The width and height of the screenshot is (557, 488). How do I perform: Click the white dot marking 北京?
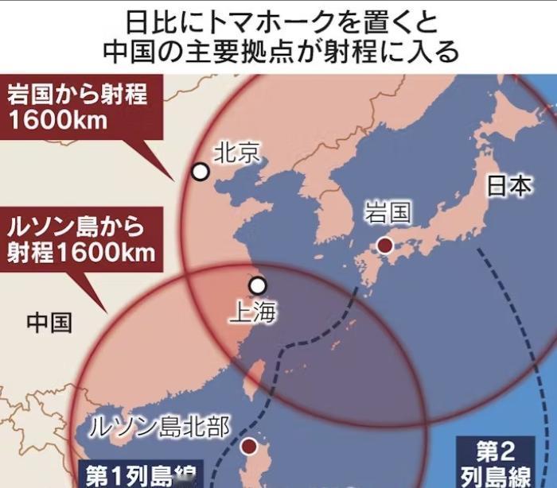point(201,172)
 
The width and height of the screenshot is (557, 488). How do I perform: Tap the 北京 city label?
point(236,152)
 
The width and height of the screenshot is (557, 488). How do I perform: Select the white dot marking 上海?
point(257,285)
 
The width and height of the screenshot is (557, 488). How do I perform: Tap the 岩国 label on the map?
point(388,213)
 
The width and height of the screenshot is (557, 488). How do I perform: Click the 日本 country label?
point(509,186)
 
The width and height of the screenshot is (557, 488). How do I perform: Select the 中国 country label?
point(49,322)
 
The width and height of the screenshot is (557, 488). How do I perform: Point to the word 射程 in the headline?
point(368,52)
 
